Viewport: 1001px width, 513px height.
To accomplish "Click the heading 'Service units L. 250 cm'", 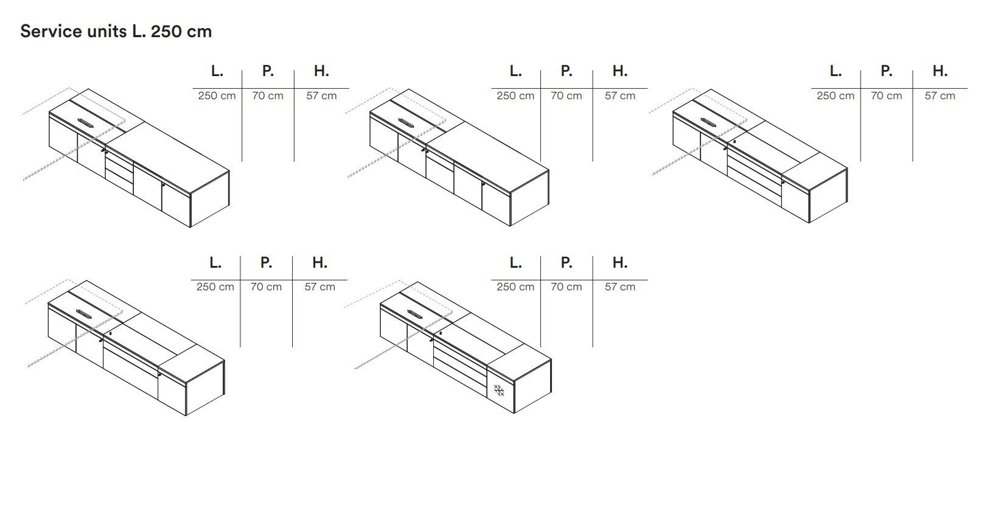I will (x=116, y=32).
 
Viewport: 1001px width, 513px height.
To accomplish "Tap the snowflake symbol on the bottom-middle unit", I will (x=499, y=390).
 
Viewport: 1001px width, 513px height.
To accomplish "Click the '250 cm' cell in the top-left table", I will (x=217, y=96).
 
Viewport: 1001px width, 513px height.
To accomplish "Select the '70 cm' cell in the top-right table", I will (x=886, y=96).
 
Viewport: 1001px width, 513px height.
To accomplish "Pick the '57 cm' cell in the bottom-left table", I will (x=319, y=287).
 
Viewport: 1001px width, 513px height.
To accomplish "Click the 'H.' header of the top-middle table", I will (x=619, y=71).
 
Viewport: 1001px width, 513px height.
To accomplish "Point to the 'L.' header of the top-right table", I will (x=835, y=71).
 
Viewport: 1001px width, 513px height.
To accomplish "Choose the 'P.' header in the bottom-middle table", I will (x=566, y=262).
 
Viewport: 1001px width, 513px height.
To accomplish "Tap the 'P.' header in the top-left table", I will (x=268, y=71).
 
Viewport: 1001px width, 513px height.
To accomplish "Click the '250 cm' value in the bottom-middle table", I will (x=515, y=287).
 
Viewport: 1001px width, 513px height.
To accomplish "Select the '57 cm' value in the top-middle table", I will (x=619, y=96).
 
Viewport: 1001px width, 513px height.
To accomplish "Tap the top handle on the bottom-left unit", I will (x=85, y=315).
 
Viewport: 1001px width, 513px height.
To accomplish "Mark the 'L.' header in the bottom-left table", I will (x=215, y=262).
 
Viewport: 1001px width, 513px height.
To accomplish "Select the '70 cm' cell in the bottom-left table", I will (x=266, y=287).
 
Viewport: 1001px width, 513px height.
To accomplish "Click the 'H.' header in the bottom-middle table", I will (x=619, y=262).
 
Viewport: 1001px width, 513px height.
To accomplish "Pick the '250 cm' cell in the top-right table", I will (x=835, y=96).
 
